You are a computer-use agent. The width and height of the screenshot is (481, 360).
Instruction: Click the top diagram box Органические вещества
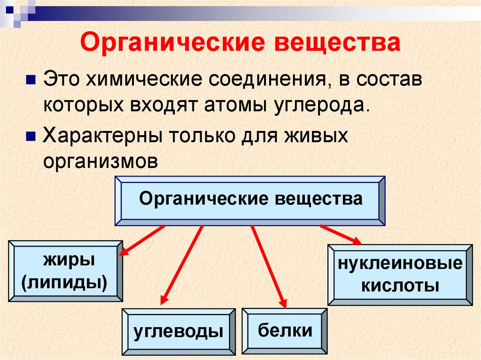[x=250, y=199]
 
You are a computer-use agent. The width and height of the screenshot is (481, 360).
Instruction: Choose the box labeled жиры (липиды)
[x=66, y=271]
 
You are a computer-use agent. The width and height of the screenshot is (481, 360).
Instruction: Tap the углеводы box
[x=178, y=331]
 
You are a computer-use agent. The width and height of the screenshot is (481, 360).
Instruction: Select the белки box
[x=285, y=330]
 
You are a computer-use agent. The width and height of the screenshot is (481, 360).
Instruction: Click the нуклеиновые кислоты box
[x=400, y=275]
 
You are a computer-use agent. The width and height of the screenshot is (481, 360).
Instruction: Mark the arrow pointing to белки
[x=269, y=265]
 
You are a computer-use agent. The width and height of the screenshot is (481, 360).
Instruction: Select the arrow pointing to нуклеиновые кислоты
[x=341, y=235]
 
